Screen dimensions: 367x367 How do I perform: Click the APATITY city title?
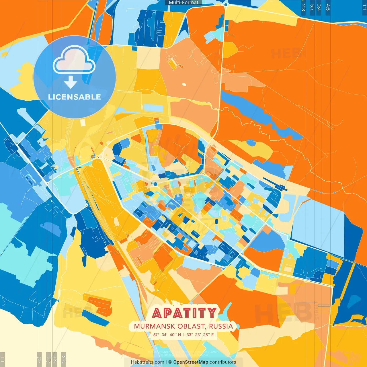(184, 313)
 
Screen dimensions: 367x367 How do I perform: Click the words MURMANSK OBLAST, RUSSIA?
(183, 326)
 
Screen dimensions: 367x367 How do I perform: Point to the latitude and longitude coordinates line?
(183, 335)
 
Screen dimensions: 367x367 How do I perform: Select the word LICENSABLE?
(75, 97)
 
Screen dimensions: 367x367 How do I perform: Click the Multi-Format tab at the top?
(183, 3)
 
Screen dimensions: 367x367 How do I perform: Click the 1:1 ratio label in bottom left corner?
(2, 359)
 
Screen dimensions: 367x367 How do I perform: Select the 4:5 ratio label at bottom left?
(39, 359)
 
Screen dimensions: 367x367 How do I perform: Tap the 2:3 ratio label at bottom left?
(64, 359)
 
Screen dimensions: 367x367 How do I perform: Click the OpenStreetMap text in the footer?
(190, 362)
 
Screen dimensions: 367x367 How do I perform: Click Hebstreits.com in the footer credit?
(147, 362)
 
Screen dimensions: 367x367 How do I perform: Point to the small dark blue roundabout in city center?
(155, 184)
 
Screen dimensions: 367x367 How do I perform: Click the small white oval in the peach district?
(184, 84)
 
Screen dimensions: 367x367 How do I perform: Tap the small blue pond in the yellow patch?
(251, 143)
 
